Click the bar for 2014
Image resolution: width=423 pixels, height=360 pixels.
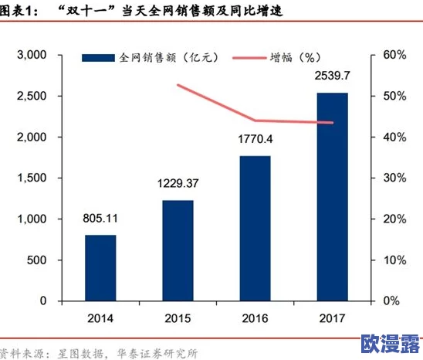[x=100, y=267]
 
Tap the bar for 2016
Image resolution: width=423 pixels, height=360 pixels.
[x=255, y=228]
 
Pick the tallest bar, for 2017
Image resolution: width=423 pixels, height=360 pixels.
[x=332, y=196]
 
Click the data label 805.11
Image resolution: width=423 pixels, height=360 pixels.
[x=100, y=219]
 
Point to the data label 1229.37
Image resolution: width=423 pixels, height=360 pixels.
[x=178, y=184]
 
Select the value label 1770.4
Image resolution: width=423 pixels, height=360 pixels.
[x=255, y=140]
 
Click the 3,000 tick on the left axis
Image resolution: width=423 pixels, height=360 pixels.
[x=32, y=56]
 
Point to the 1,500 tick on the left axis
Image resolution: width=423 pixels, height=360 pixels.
[x=32, y=178]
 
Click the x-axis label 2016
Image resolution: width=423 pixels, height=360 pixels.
[x=255, y=318]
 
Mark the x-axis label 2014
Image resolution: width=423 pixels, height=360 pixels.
[x=100, y=318]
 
